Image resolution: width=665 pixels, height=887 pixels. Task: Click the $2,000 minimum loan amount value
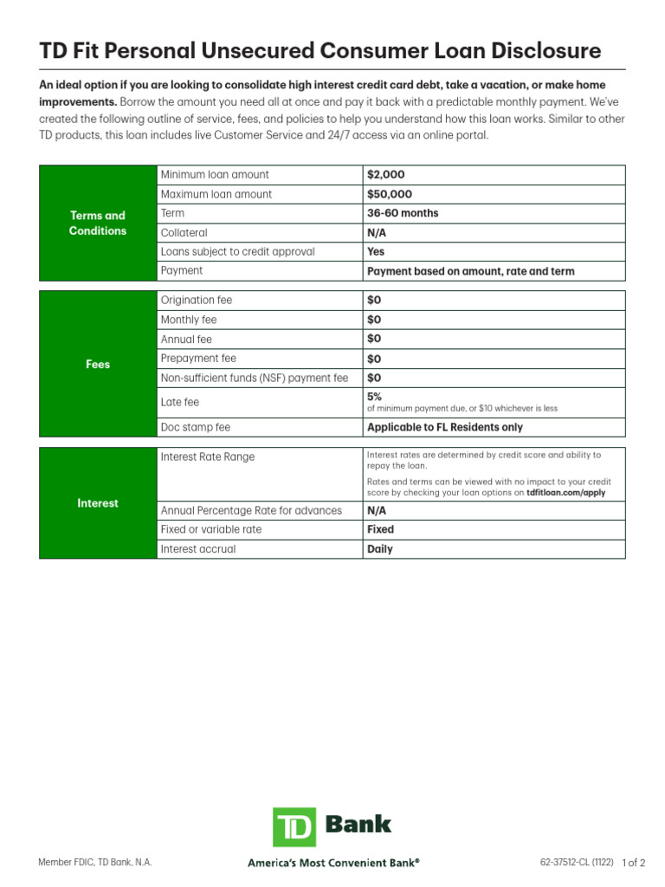(x=385, y=175)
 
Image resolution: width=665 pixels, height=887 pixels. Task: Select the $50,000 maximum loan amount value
(x=389, y=194)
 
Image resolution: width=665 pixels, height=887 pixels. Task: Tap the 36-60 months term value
(x=403, y=213)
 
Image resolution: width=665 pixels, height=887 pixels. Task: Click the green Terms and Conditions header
(x=98, y=223)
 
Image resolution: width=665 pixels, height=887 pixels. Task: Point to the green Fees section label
(x=98, y=365)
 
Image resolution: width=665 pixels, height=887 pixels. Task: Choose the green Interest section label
(x=98, y=503)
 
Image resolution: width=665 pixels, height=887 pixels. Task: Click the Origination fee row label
(x=197, y=301)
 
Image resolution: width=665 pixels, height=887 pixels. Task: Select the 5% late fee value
(x=374, y=397)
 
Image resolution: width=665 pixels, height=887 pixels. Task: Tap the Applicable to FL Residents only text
(x=444, y=427)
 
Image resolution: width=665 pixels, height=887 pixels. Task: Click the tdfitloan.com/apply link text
(x=565, y=492)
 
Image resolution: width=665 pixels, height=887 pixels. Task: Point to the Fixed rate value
(x=380, y=529)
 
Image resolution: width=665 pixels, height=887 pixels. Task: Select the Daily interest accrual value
(x=379, y=549)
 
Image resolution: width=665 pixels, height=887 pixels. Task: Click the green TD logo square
(x=294, y=827)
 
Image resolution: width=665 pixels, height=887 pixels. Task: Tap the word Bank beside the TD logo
(x=358, y=824)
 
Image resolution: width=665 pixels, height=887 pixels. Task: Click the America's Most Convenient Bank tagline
(x=333, y=863)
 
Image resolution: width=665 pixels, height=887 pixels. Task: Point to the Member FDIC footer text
(x=95, y=863)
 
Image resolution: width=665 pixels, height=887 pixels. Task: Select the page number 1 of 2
(x=634, y=863)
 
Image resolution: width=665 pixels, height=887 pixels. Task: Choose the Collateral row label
(x=184, y=233)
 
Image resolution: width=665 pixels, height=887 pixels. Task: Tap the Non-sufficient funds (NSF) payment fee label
(x=255, y=378)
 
